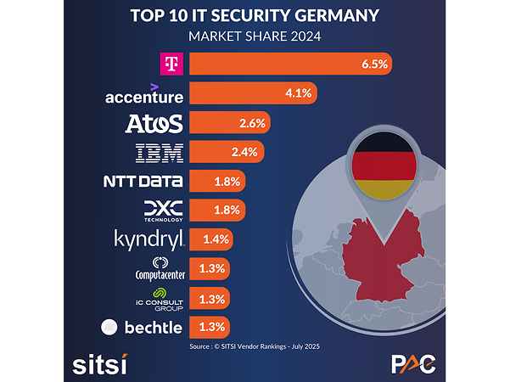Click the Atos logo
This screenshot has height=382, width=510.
click(x=154, y=123)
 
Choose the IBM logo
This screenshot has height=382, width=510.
click(x=160, y=153)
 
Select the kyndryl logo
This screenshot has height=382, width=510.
click(x=149, y=239)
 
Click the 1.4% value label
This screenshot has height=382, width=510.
click(x=215, y=239)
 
